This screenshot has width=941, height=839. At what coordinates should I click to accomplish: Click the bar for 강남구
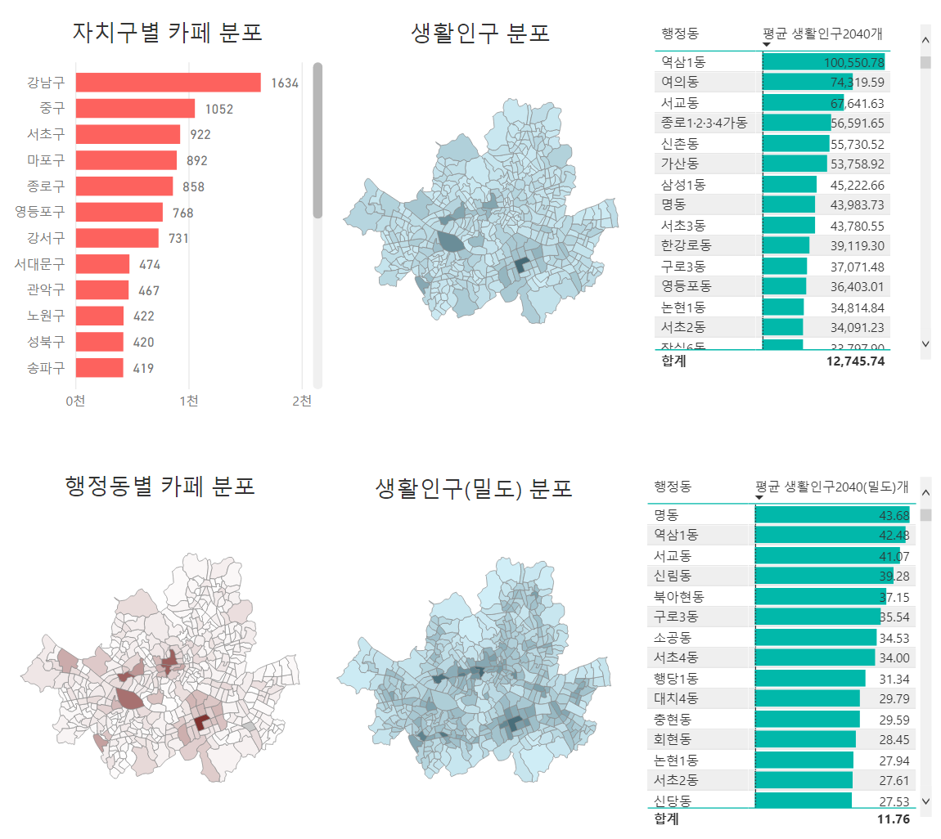coord(168,83)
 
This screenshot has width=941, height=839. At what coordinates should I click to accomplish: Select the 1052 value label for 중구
coord(219,109)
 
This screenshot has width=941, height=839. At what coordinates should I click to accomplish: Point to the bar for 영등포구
coord(119,213)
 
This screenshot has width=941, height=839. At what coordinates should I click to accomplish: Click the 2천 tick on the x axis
coord(302,401)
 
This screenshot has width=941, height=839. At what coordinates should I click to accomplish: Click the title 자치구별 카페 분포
coord(168,33)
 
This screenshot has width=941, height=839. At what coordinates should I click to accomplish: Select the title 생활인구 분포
coord(480,34)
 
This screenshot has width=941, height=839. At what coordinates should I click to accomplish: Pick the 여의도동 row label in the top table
coord(680,82)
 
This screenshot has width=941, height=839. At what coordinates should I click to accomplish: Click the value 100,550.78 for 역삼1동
coord(853,63)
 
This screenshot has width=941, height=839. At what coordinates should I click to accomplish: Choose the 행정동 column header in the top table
coord(681,34)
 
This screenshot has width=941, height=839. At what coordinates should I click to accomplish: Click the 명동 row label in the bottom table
coord(666,515)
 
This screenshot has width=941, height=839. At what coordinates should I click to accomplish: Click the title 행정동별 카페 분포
coord(160,486)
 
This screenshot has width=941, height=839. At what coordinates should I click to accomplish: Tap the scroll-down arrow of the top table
coord(925,343)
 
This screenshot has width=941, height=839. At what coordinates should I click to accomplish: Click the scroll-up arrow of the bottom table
coord(925,493)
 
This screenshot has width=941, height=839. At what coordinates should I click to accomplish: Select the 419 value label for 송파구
coord(143,369)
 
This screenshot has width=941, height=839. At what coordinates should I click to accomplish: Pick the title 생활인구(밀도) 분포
coord(473,488)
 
